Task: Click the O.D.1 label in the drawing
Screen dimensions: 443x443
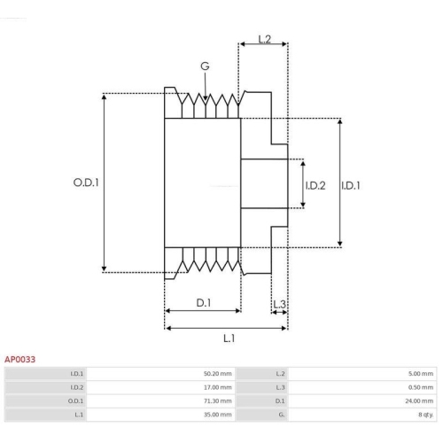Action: (x=85, y=183)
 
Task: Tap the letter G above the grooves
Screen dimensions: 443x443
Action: (x=205, y=66)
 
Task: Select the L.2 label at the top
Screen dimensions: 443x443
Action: (x=264, y=38)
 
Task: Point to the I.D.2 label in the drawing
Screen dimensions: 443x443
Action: (x=316, y=185)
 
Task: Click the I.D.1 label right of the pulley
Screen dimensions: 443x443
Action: (x=352, y=185)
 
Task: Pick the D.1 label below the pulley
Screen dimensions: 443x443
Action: (x=203, y=303)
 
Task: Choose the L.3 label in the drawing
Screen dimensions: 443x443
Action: (x=279, y=304)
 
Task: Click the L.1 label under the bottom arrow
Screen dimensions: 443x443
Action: (x=229, y=338)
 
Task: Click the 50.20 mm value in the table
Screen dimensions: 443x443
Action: (x=217, y=374)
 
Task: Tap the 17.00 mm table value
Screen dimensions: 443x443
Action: (x=217, y=387)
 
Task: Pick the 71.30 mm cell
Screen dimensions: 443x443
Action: (x=217, y=400)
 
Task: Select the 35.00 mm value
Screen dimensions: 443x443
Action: (x=217, y=414)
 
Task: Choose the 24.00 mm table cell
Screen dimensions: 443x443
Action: (x=421, y=400)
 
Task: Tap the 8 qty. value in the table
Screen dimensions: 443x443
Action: (x=424, y=414)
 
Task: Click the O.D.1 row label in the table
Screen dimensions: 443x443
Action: (x=77, y=400)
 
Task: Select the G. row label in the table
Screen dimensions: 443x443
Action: (x=281, y=414)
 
